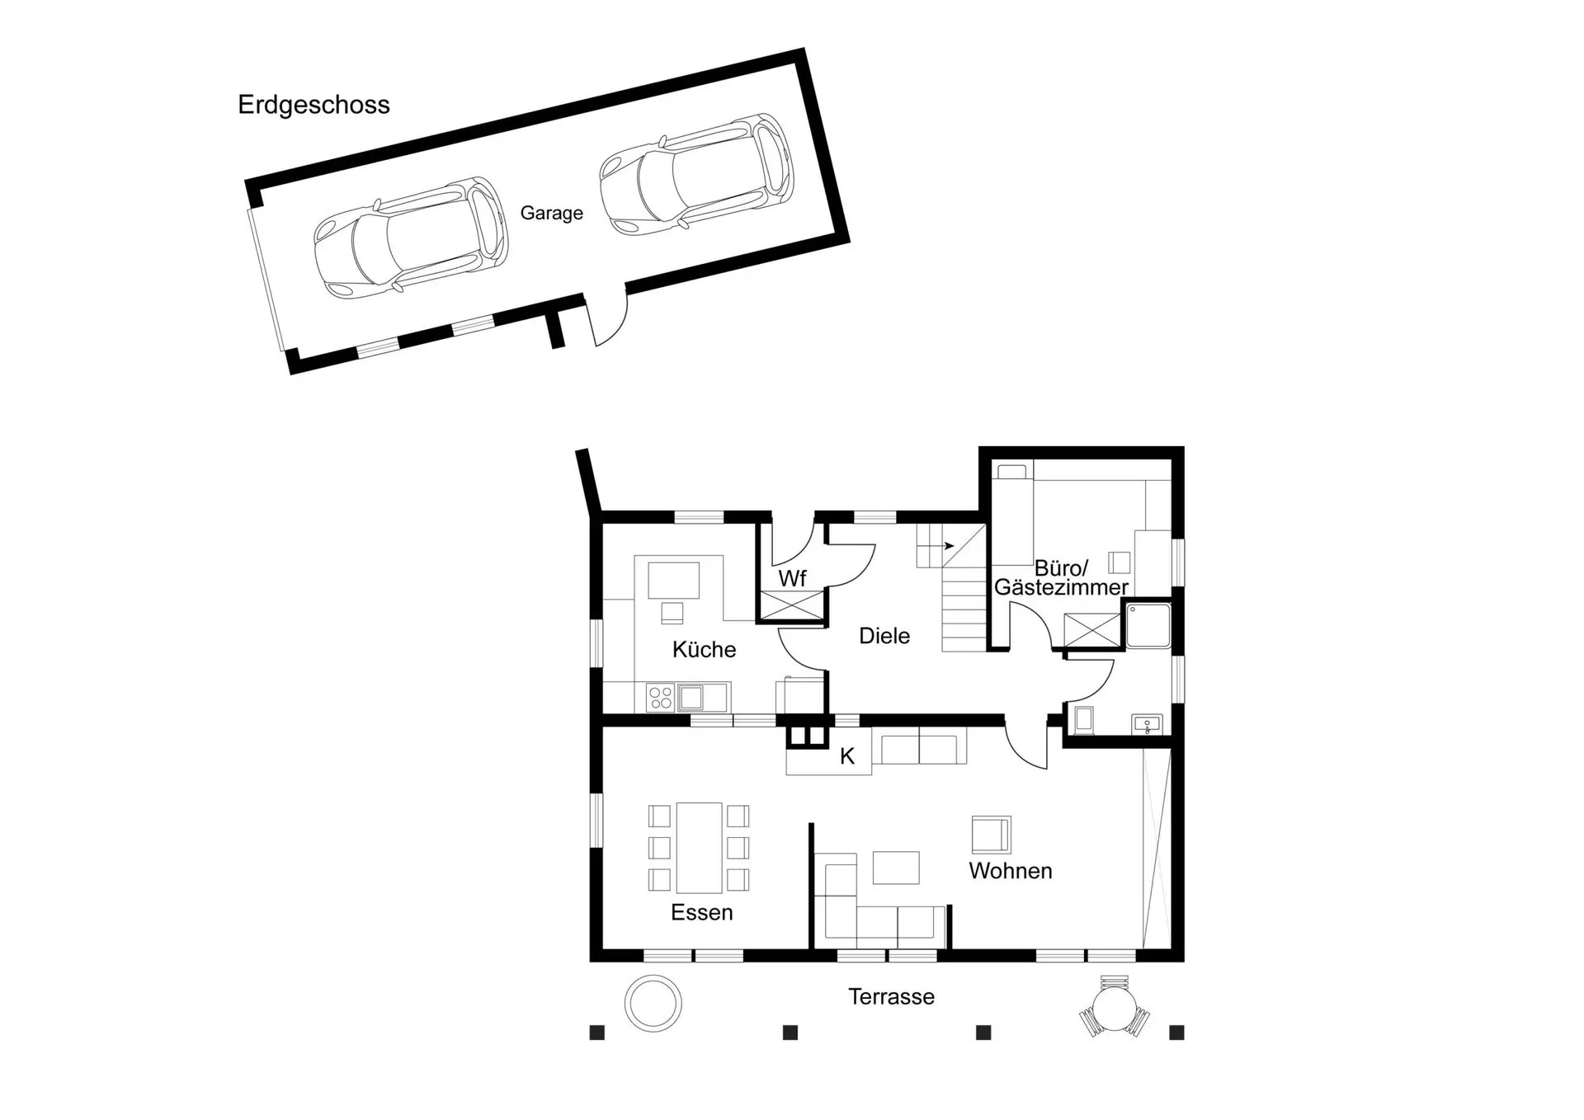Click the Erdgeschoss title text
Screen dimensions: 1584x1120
pyautogui.click(x=313, y=105)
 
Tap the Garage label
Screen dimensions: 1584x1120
pyautogui.click(x=551, y=213)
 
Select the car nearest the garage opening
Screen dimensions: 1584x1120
pyautogui.click(x=411, y=238)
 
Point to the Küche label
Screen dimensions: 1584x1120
pyautogui.click(x=704, y=650)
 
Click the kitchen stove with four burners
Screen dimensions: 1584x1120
pyautogui.click(x=661, y=698)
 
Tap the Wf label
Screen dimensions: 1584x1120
pyautogui.click(x=792, y=579)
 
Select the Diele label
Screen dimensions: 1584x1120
pyautogui.click(x=884, y=636)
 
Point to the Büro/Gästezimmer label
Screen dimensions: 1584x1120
pyautogui.click(x=1061, y=577)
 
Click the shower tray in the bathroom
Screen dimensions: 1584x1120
pyautogui.click(x=1148, y=626)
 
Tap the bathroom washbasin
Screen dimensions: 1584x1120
pyautogui.click(x=1147, y=725)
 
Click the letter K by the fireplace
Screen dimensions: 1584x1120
pyautogui.click(x=847, y=756)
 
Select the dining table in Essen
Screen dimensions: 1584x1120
pyautogui.click(x=699, y=848)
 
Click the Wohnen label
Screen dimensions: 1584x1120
pyautogui.click(x=1011, y=871)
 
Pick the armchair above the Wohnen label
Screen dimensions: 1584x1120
pyautogui.click(x=991, y=835)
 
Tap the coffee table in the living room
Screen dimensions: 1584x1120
pyautogui.click(x=896, y=868)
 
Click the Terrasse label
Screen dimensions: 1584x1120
pyautogui.click(x=892, y=996)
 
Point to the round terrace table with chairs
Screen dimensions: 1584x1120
pyautogui.click(x=1115, y=1007)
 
